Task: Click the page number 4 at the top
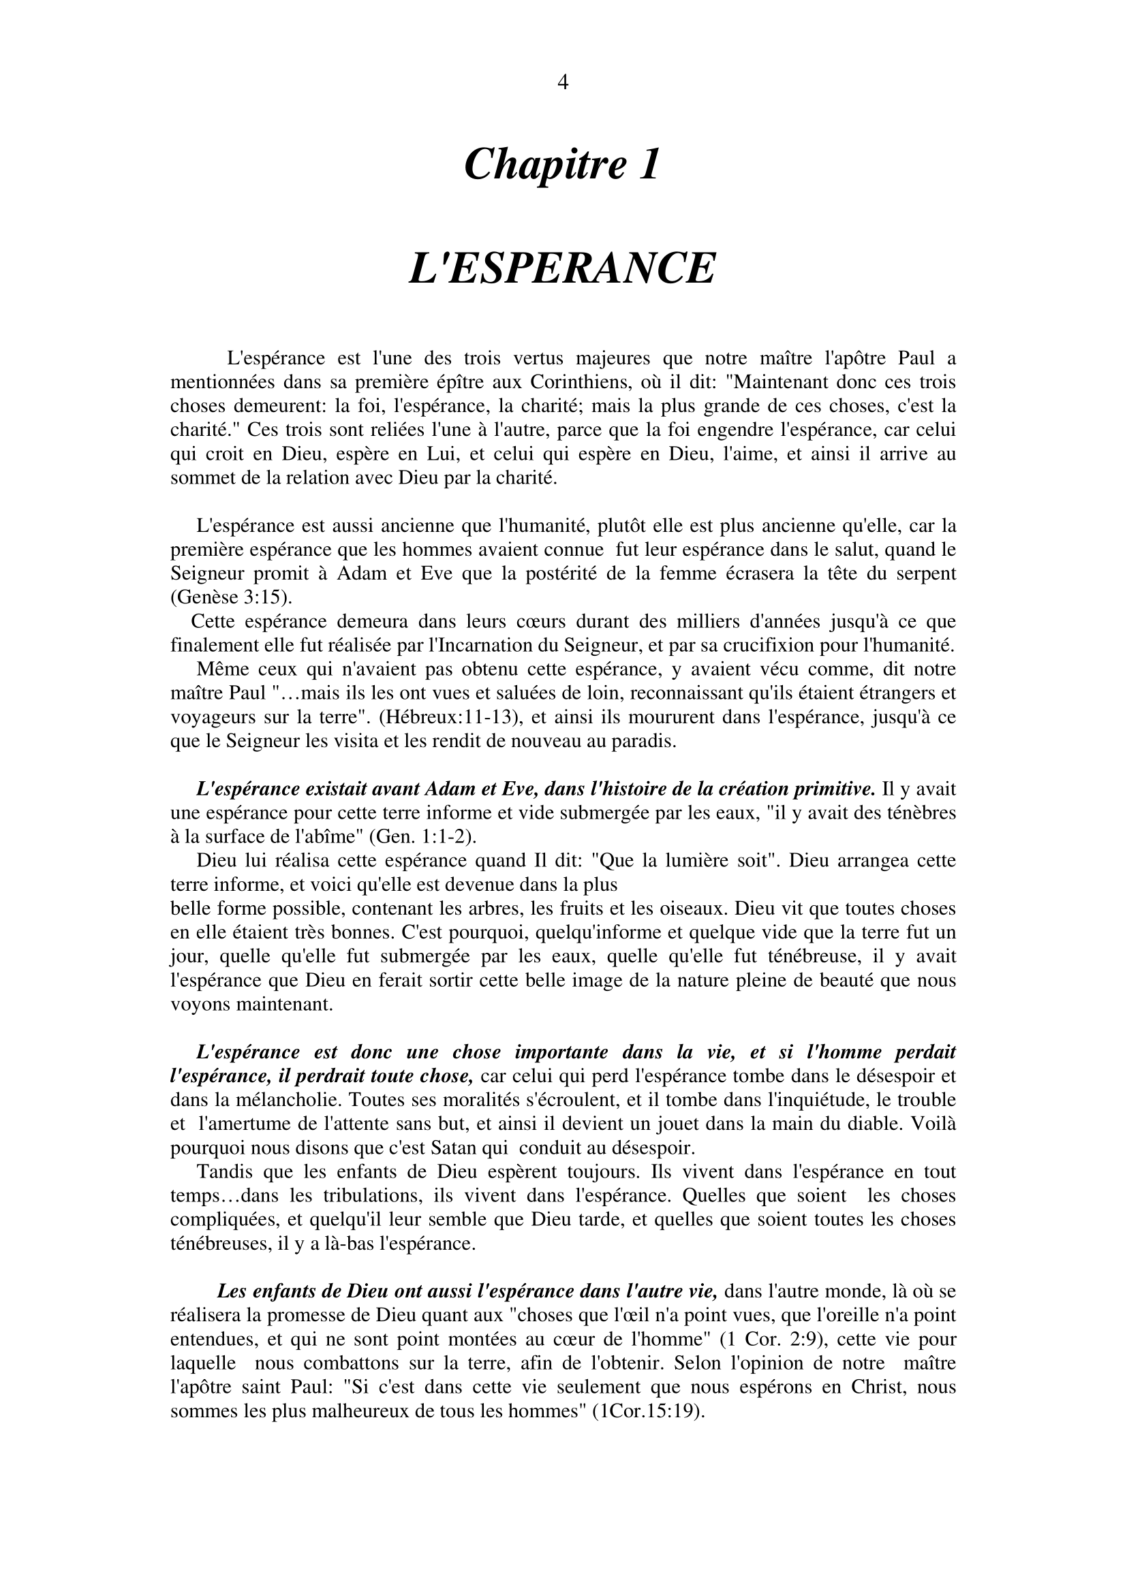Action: tap(563, 83)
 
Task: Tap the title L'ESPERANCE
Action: tap(562, 268)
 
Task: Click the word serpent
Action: tap(924, 573)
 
